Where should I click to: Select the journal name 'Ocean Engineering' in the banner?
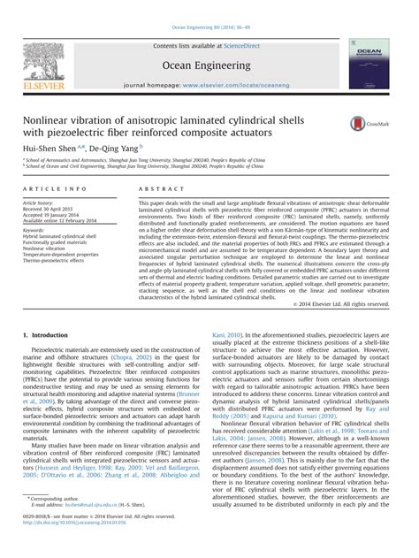point(209,65)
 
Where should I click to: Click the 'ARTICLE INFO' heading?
point(55,189)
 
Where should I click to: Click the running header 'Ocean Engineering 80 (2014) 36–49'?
point(209,7)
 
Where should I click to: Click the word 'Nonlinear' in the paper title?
point(57,119)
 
